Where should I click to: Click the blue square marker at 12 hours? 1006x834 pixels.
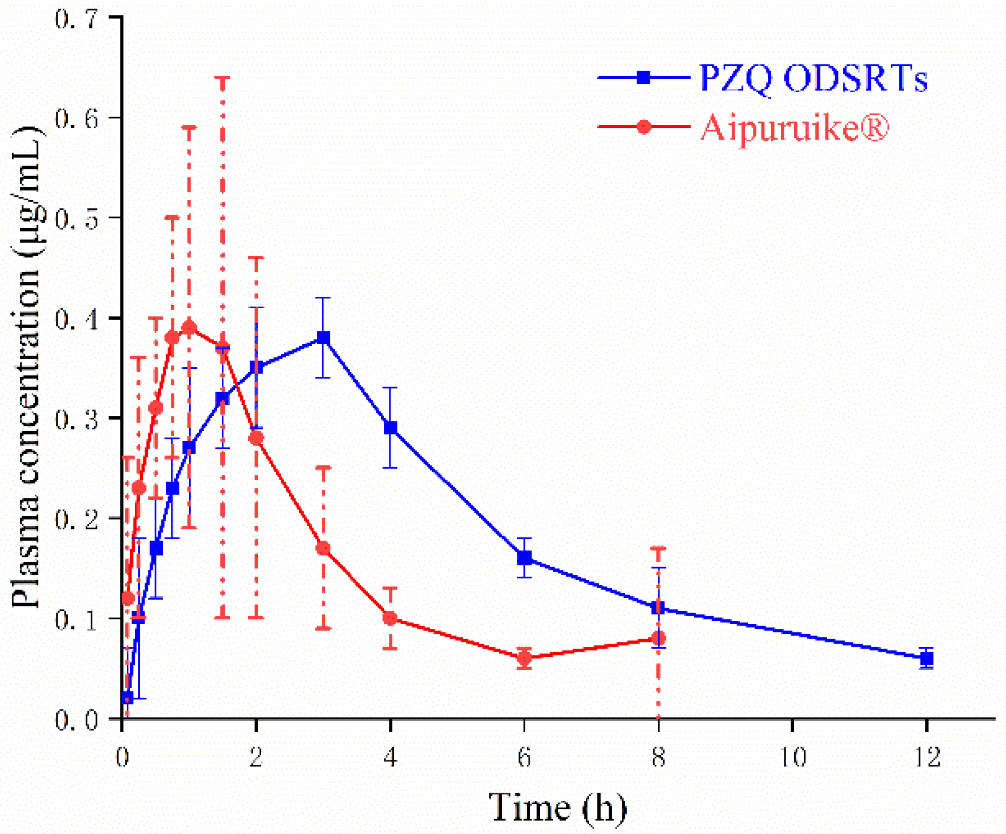[926, 658]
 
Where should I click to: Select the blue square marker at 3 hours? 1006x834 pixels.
[323, 338]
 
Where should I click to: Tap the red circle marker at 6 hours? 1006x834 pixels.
[524, 658]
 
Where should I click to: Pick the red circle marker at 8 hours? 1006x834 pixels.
[658, 639]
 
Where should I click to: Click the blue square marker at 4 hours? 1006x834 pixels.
[390, 427]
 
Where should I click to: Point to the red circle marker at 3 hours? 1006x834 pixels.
[323, 548]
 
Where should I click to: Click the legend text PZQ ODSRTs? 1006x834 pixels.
[812, 78]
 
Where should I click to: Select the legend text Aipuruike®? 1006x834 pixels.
[795, 128]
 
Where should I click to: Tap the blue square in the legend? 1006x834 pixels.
[643, 77]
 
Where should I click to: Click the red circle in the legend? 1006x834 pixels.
[643, 127]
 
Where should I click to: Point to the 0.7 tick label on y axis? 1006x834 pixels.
[76, 20]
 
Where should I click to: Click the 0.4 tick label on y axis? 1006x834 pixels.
[76, 319]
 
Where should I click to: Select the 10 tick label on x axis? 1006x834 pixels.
[792, 758]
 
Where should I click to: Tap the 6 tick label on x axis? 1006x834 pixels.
[524, 758]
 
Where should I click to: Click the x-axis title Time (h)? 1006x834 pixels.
[557, 808]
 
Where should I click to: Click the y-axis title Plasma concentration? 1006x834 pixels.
[26, 367]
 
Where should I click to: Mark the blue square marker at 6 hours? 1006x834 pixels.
[524, 558]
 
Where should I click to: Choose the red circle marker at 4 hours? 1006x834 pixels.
[390, 618]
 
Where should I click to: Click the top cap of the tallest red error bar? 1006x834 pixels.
[222, 77]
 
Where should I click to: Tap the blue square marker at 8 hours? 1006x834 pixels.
[658, 608]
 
